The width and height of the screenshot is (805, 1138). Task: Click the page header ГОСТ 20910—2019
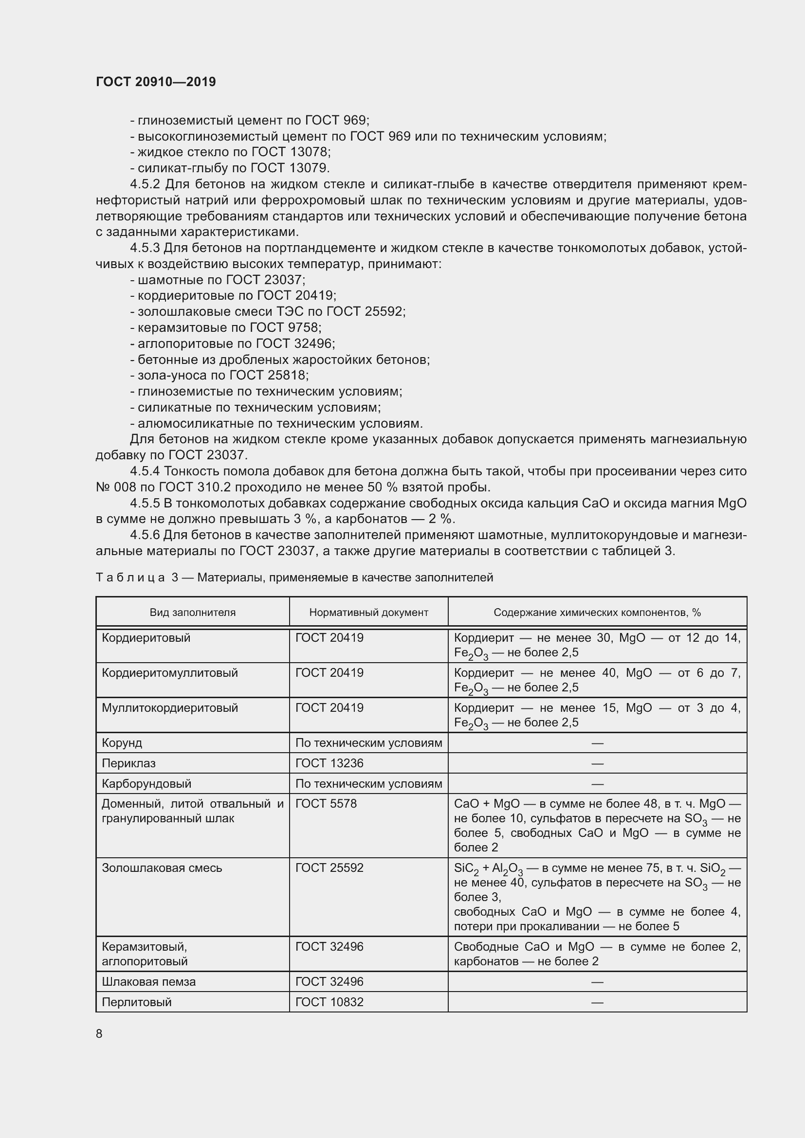pos(156,82)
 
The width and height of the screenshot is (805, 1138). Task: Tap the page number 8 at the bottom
pos(99,1033)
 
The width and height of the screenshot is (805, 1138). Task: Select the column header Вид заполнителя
pos(192,612)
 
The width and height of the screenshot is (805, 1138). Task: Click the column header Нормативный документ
pos(368,612)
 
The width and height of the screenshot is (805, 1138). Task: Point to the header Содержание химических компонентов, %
pos(597,612)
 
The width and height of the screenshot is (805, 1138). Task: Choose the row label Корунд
pos(122,742)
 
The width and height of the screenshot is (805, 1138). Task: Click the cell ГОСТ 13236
pos(329,763)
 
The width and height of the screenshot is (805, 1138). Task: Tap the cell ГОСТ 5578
pos(326,803)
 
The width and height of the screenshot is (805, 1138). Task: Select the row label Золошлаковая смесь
pos(162,868)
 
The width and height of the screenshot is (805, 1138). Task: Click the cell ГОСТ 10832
pos(329,1002)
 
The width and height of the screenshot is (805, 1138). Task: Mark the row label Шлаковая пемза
pos(148,981)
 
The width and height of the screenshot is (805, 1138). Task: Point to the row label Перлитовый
pos(136,1002)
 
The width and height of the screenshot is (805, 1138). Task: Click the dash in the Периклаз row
pos(597,763)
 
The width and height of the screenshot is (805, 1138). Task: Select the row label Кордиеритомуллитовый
pos(169,672)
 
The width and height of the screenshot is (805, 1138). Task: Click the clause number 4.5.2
pos(145,184)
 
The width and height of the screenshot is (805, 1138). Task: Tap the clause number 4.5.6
pos(145,535)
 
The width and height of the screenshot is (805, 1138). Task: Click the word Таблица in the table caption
pos(130,578)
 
